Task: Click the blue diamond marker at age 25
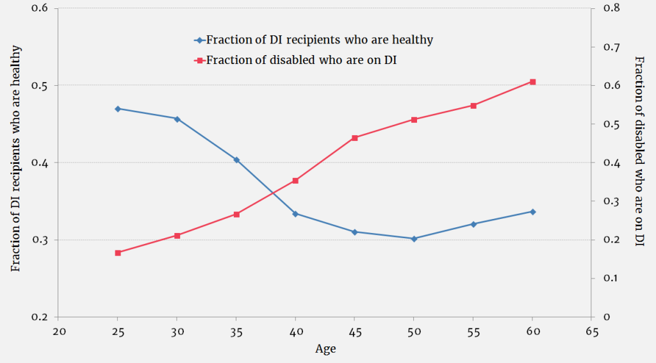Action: coord(118,109)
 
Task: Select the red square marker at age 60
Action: coord(532,82)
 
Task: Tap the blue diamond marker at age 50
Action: coord(414,239)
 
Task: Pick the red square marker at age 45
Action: coord(354,138)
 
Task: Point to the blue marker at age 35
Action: coord(236,159)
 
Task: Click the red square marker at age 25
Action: coord(118,253)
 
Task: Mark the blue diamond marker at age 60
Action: coord(532,211)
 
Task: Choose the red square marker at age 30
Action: coord(177,236)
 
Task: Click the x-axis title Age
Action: coord(325,350)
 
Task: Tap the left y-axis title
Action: coord(17,158)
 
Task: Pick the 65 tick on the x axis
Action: coord(591,332)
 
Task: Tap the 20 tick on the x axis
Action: coord(59,332)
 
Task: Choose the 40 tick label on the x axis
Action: coord(295,332)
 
